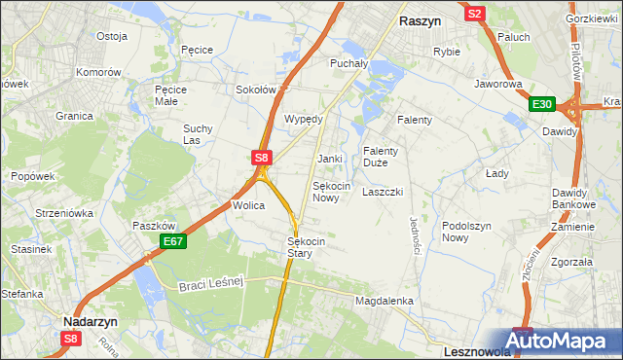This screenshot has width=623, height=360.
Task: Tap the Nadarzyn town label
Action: pyautogui.click(x=91, y=319)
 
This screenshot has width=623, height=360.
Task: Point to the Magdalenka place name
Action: pyautogui.click(x=385, y=302)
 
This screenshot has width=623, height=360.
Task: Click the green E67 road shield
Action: pyautogui.click(x=173, y=241)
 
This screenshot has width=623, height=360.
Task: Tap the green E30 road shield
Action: pyautogui.click(x=541, y=105)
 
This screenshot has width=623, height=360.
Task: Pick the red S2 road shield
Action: pyautogui.click(x=474, y=14)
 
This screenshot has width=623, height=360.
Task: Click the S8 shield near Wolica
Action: pyautogui.click(x=260, y=156)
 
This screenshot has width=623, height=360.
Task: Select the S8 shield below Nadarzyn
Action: pyautogui.click(x=70, y=338)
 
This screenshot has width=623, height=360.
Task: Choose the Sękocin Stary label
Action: pyautogui.click(x=306, y=247)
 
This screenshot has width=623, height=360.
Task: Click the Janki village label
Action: pyautogui.click(x=329, y=158)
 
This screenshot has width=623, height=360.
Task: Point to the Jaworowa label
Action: pyautogui.click(x=498, y=84)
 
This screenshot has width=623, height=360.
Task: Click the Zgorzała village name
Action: pyautogui.click(x=571, y=262)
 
